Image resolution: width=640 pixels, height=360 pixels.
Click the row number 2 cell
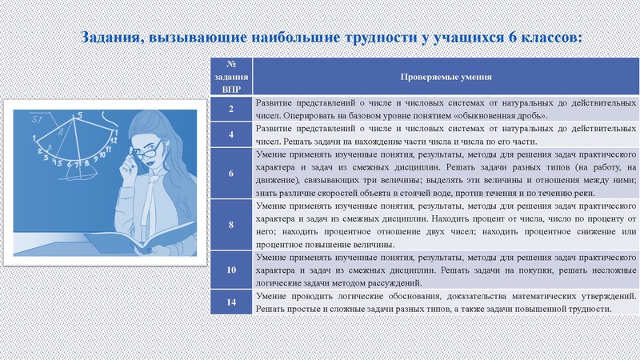click(231, 109)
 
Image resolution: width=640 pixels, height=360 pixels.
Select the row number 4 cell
click(231, 135)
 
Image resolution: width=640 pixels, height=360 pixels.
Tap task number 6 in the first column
click(231, 173)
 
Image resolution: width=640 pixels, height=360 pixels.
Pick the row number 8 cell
click(231, 225)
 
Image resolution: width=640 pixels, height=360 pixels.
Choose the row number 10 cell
click(231, 270)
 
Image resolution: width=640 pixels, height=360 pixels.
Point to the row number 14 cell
click(231, 302)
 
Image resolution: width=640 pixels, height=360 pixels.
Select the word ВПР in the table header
click(231, 88)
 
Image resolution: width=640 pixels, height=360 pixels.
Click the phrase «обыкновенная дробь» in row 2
click(502, 115)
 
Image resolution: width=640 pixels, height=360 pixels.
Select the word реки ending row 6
click(606, 193)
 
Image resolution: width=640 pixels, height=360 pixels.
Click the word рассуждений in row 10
click(388, 283)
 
